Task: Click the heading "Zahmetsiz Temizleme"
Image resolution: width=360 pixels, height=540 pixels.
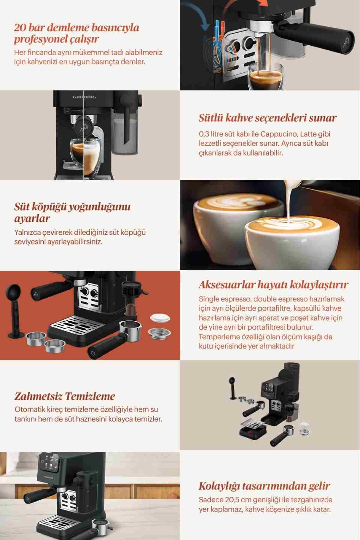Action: (x=64, y=396)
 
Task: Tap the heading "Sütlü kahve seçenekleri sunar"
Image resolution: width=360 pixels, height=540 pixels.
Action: (x=268, y=118)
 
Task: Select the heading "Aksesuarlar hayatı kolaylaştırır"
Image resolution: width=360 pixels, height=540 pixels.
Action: (x=273, y=285)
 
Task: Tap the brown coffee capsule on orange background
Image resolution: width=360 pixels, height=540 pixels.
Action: (x=131, y=310)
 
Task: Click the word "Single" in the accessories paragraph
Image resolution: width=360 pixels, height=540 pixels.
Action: (x=208, y=299)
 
